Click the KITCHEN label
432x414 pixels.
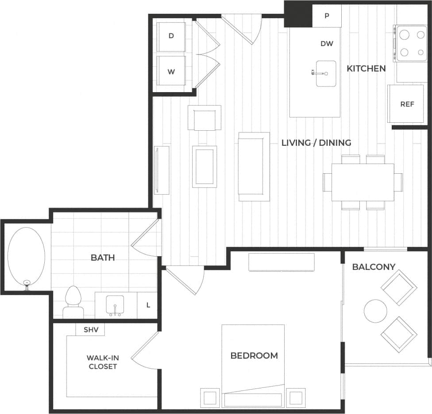coord(366,69)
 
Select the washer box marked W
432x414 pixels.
coord(171,71)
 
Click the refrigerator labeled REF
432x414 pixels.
coord(407,105)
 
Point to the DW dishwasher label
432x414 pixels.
coord(327,44)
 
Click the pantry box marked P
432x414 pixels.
coord(327,16)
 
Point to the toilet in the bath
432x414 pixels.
coord(73,301)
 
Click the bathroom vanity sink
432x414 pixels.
coord(116,305)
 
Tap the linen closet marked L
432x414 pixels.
coord(148,305)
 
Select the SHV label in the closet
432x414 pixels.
coord(90,330)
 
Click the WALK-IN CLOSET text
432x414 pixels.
coord(102,362)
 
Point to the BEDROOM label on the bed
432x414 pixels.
coord(254,355)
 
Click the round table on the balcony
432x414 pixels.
coord(375,311)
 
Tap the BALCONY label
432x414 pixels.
coord(374,267)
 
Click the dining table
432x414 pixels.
coord(363,182)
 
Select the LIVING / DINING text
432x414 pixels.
coord(316,143)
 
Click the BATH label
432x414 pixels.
coord(103,258)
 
